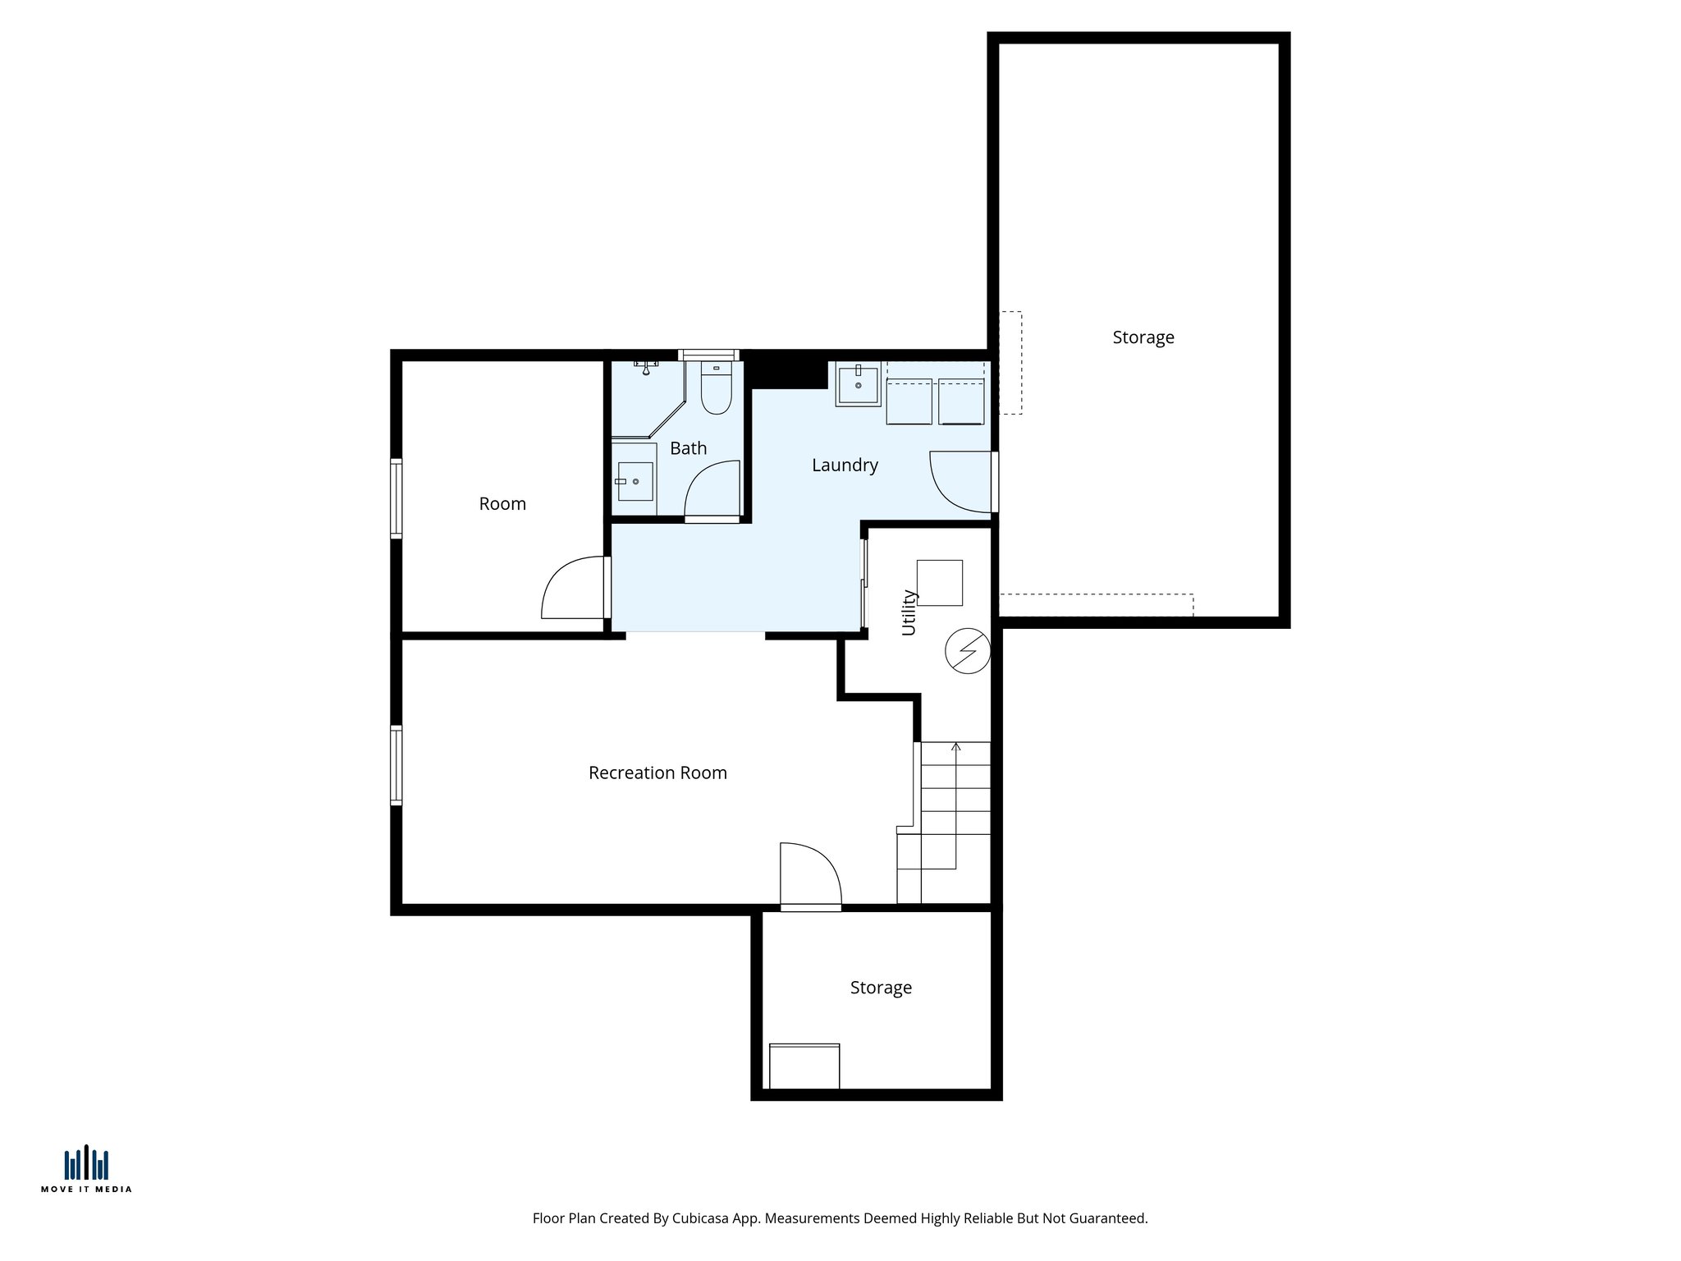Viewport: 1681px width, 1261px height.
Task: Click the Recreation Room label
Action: (657, 773)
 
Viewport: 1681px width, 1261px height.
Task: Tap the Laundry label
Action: (845, 465)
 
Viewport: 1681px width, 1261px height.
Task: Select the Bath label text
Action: (688, 448)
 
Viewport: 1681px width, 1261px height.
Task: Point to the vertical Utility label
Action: (909, 612)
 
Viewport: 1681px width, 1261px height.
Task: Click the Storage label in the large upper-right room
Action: (1143, 337)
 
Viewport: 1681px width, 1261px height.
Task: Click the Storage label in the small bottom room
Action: (881, 988)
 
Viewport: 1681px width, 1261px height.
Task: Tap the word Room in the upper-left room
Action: (502, 504)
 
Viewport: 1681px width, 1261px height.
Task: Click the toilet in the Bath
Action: (716, 389)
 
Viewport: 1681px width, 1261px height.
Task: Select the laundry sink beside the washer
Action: (858, 384)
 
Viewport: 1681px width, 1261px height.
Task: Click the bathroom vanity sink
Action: (634, 481)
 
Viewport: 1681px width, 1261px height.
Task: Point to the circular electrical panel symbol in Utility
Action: (968, 651)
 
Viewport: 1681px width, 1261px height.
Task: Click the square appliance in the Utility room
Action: (939, 583)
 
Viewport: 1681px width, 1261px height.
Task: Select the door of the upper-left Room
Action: (573, 588)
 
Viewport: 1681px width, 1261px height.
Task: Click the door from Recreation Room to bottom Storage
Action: (810, 875)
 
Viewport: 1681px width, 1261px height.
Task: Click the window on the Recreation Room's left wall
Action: (396, 765)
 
